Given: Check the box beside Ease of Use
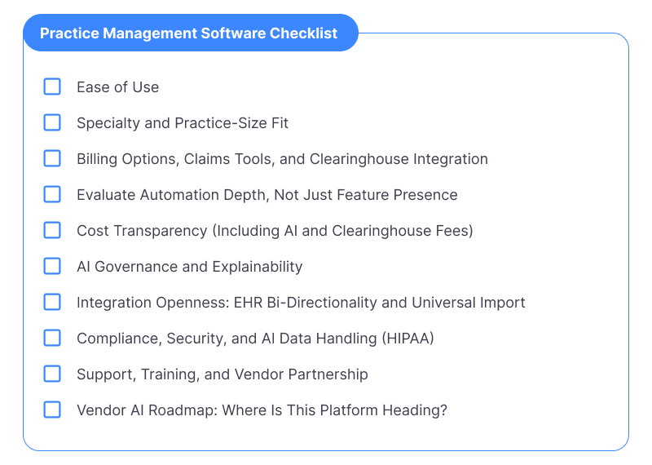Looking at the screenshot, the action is click(x=52, y=86).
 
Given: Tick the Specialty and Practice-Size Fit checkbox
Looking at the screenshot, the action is click(x=52, y=122).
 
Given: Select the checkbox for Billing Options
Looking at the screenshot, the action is click(x=52, y=158).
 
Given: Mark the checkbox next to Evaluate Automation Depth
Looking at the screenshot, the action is click(x=52, y=194).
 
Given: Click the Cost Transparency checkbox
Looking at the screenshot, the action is click(x=52, y=230).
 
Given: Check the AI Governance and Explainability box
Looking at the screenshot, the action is click(x=52, y=266).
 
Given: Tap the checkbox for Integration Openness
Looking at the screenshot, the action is click(x=52, y=302).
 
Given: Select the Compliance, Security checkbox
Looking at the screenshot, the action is click(x=52, y=338).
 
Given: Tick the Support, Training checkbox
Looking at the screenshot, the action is click(x=52, y=374).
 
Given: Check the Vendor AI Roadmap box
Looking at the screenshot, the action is click(x=52, y=410).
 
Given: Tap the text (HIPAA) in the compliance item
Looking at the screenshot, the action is click(x=408, y=338).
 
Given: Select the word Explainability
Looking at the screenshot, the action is click(x=258, y=267).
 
